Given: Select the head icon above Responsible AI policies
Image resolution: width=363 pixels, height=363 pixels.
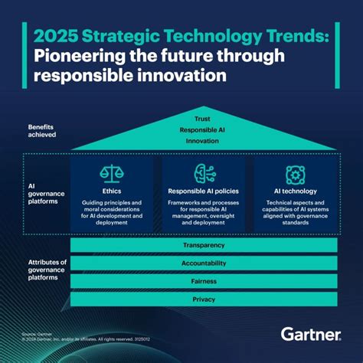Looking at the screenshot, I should [x=203, y=173].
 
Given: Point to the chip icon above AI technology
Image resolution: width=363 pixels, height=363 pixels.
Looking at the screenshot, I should [x=295, y=173].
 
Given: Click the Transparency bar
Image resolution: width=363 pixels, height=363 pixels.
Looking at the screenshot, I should [x=203, y=245].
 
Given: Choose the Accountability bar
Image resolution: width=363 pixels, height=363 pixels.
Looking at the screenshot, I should [x=203, y=263].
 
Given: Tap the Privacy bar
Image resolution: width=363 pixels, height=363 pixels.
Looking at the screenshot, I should [x=203, y=299].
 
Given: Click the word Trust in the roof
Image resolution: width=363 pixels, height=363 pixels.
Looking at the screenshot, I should [x=203, y=119].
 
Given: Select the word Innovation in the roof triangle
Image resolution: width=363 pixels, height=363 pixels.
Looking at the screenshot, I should [x=203, y=140].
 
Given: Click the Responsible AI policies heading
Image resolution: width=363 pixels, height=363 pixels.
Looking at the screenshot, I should [x=203, y=191].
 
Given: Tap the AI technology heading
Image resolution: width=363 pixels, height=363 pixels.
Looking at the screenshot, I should [x=295, y=191].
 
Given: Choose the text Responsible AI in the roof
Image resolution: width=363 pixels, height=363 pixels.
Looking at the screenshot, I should [x=203, y=129].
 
